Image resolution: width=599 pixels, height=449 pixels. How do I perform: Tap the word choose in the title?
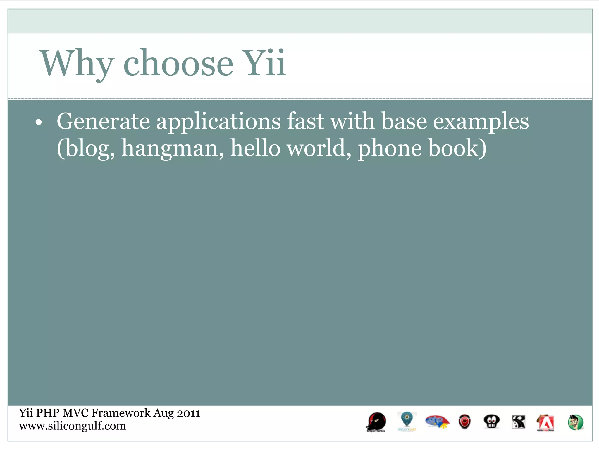click(178, 64)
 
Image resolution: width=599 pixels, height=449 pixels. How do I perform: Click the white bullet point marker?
click(39, 123)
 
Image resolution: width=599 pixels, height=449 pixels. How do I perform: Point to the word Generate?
click(103, 121)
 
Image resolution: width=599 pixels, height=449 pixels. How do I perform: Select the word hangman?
click(172, 148)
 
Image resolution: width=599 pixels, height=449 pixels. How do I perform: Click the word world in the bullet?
click(319, 148)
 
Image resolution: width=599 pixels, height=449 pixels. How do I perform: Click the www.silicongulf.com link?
click(73, 426)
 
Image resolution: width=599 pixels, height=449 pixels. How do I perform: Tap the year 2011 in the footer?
click(188, 413)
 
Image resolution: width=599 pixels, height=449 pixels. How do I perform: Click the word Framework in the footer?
click(121, 413)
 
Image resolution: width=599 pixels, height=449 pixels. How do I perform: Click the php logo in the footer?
click(437, 422)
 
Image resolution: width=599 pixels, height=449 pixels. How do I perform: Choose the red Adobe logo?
click(545, 423)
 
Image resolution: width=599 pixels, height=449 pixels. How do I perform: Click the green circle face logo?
click(575, 422)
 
